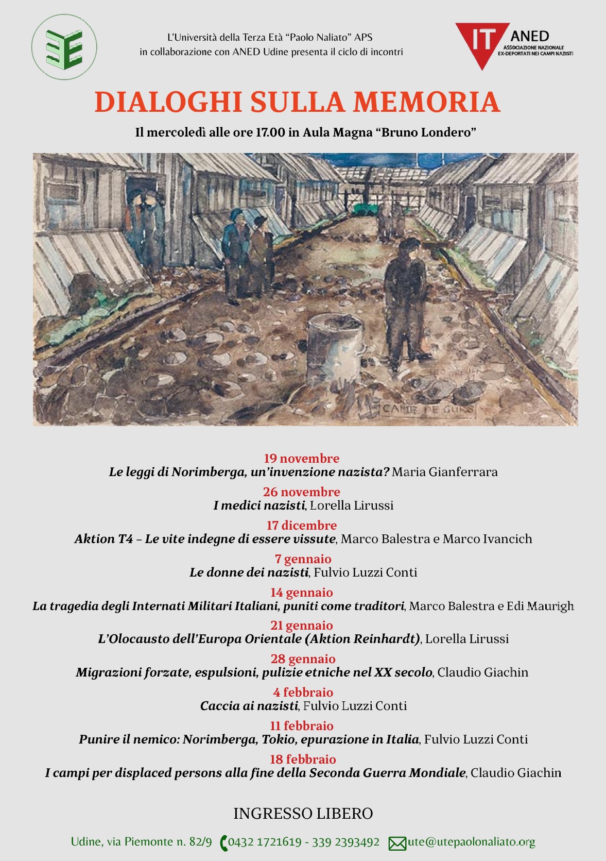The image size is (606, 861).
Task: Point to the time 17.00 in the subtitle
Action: click(x=270, y=132)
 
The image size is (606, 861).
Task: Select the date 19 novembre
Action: click(x=302, y=458)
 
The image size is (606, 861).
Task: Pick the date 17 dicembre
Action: click(x=302, y=525)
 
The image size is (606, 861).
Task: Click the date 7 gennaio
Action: click(x=303, y=559)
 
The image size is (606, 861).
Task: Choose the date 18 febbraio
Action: click(x=303, y=759)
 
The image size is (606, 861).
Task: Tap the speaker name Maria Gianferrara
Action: click(x=444, y=472)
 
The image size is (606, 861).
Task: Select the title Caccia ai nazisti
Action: click(x=249, y=706)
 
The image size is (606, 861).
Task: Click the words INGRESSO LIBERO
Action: click(x=303, y=814)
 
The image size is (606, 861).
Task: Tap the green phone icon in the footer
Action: click(x=223, y=843)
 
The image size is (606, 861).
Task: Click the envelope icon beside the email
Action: click(x=397, y=843)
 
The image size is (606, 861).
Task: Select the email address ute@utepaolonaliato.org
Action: click(x=471, y=842)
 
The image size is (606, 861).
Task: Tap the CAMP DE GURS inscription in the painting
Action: click(x=427, y=410)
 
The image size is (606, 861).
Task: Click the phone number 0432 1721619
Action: click(x=265, y=842)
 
